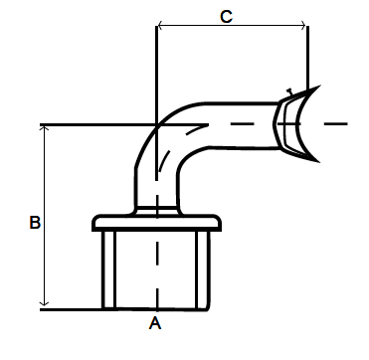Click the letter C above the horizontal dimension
click(226, 16)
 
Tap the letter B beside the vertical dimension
click(35, 223)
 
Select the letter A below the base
click(155, 323)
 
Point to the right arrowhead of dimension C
click(303, 25)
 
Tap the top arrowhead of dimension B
click(44, 129)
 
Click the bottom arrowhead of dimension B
click(44, 302)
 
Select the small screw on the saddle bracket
click(289, 91)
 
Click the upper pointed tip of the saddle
click(319, 86)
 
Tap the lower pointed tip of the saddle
click(319, 162)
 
